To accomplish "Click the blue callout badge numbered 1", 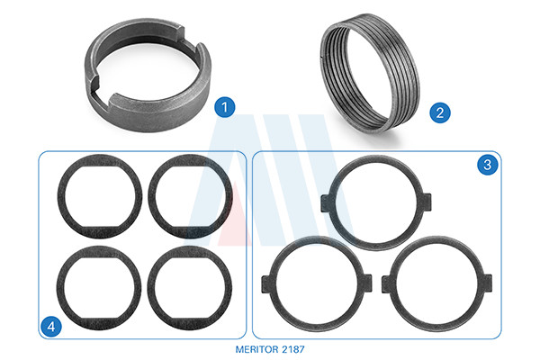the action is [224, 107].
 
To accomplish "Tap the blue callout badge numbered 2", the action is [440, 112].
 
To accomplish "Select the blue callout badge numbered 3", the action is [487, 165].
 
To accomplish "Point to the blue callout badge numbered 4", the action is [51, 326].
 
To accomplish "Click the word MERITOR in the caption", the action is [256, 349].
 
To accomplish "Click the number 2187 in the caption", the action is [293, 349].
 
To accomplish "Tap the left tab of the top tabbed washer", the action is [326, 202].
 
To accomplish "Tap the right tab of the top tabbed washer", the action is [427, 202].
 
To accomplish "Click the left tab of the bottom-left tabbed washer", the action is [266, 284].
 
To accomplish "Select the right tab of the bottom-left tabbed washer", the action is [367, 283].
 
